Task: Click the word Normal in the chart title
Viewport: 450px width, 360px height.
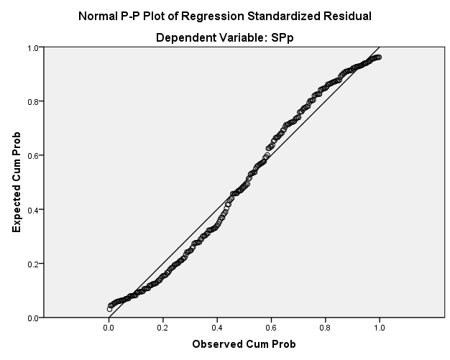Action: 98,16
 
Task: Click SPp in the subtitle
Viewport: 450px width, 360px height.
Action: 282,38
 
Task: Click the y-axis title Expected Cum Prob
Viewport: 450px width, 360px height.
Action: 17,182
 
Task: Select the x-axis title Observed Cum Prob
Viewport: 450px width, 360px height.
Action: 244,344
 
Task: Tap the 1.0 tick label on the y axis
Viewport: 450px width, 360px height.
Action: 33,47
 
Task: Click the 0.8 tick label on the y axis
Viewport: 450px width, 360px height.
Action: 33,102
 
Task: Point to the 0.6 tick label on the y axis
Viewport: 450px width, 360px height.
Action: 33,156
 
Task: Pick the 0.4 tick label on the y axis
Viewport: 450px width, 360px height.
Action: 33,210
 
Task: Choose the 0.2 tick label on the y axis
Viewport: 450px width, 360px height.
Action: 33,264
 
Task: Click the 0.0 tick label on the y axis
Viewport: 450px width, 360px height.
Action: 33,318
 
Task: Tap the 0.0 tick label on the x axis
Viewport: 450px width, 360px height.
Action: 109,328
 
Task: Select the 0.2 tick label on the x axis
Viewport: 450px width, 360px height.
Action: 162,328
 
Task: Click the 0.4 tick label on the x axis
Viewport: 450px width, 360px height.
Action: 217,328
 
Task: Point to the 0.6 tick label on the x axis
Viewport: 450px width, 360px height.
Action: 271,328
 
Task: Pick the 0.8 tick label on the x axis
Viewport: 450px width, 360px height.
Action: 325,328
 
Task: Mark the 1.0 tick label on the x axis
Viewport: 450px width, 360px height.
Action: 380,328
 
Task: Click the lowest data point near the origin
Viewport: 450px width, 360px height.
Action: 109,309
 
